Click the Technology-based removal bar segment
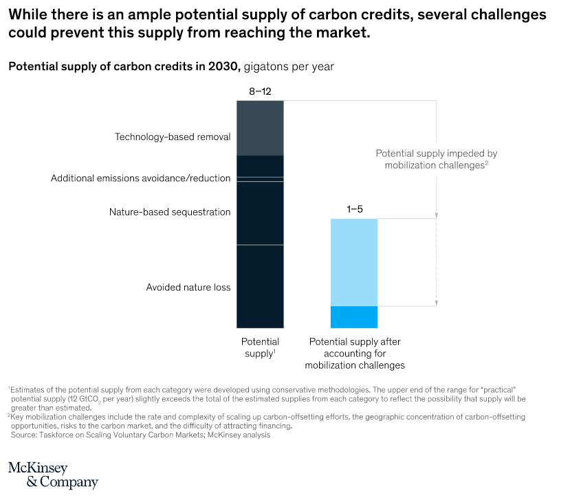[x=260, y=128]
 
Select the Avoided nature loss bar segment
[x=260, y=286]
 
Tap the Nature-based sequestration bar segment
[x=260, y=213]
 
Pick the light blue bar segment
[x=354, y=262]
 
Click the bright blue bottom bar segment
[x=354, y=317]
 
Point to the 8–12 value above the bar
[x=260, y=91]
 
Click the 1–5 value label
[x=354, y=209]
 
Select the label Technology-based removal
[x=172, y=137]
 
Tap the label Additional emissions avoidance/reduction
[x=140, y=179]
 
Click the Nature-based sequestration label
[x=170, y=212]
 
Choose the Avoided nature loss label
[x=188, y=287]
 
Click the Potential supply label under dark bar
[x=260, y=347]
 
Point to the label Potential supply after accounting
[x=355, y=353]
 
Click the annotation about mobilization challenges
[x=436, y=159]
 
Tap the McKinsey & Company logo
[x=53, y=475]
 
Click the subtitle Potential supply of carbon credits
[x=124, y=67]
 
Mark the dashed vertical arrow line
[x=437, y=261]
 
